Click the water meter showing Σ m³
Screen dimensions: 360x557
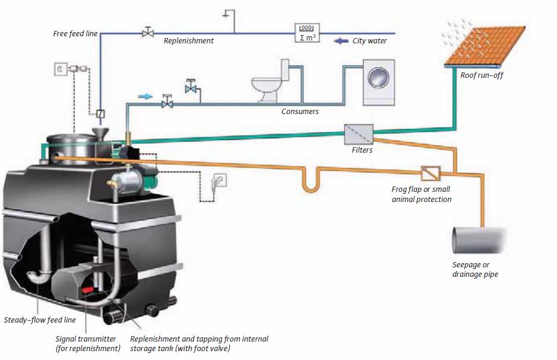click(x=306, y=33)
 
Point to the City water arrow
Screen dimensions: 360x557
click(x=341, y=41)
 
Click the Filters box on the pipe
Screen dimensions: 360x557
click(x=359, y=134)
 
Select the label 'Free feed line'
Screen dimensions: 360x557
click(x=75, y=34)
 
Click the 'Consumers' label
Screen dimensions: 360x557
click(x=300, y=111)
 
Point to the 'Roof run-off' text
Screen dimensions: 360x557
click(x=482, y=76)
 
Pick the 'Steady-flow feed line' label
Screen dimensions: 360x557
click(x=40, y=320)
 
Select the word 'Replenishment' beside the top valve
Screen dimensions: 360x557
click(x=189, y=41)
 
